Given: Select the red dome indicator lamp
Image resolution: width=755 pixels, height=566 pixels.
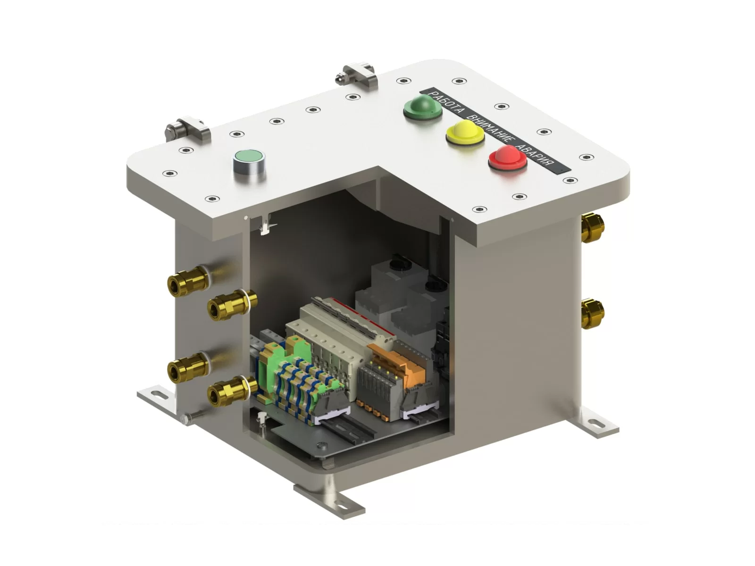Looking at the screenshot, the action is [x=508, y=158].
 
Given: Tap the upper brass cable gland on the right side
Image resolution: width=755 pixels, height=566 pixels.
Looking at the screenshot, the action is [x=592, y=227].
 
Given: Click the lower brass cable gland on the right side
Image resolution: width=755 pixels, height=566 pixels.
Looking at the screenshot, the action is [x=592, y=313].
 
